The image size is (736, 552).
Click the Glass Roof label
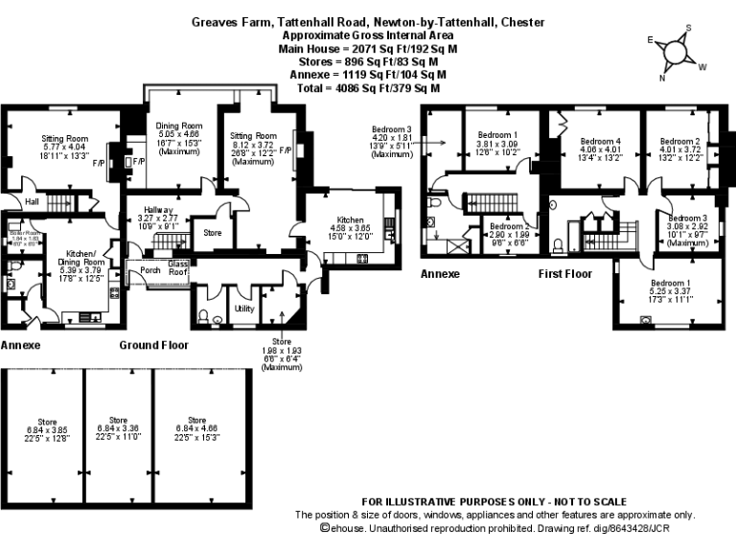179,267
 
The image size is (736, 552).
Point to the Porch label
150,269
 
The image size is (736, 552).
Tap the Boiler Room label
23,233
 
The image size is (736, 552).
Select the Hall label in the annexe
32,201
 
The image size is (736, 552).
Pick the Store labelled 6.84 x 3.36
119,420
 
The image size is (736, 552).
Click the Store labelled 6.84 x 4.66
197,420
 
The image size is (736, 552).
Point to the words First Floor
564,273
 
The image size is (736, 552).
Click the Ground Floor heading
153,345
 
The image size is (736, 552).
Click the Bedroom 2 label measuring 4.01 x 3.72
679,141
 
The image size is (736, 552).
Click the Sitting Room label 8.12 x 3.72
254,136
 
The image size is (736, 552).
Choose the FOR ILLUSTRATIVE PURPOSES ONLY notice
494,502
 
